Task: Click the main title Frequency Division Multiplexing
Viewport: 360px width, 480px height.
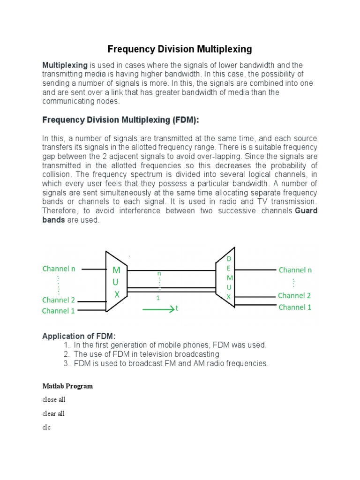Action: pos(180,49)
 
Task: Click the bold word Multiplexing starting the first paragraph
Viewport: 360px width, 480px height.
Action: pos(65,65)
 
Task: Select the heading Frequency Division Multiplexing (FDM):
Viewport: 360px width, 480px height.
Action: pos(120,120)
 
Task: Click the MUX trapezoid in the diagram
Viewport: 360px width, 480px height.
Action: pos(116,282)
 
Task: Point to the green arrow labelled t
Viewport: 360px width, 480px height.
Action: pos(159,309)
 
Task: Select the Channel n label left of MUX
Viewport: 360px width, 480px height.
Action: pos(59,269)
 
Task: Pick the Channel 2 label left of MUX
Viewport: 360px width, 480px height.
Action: pos(59,300)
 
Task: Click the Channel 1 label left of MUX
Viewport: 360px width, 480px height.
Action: pos(59,311)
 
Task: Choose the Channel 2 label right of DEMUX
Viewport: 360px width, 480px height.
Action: pos(294,296)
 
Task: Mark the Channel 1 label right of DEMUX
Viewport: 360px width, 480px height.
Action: pos(295,307)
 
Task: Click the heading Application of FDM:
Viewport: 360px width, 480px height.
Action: pos(78,336)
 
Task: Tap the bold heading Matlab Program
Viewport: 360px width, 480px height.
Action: pos(67,386)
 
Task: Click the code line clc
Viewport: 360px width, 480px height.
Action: pos(46,427)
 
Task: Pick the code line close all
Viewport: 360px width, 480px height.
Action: pos(53,400)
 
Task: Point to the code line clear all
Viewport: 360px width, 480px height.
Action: pos(53,414)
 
